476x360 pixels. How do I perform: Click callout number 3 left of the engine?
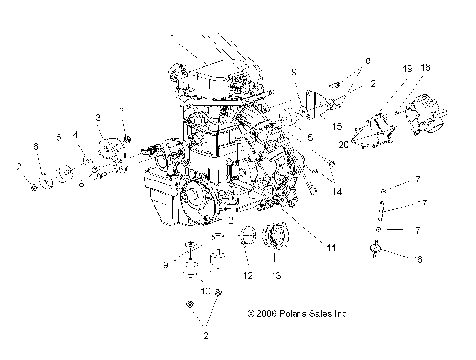[x=98, y=118]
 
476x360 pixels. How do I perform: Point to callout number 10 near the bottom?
[x=204, y=294]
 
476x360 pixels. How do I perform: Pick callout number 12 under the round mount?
[x=248, y=275]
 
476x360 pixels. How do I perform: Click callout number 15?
[x=338, y=127]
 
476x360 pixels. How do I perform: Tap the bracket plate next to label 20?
[x=369, y=134]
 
